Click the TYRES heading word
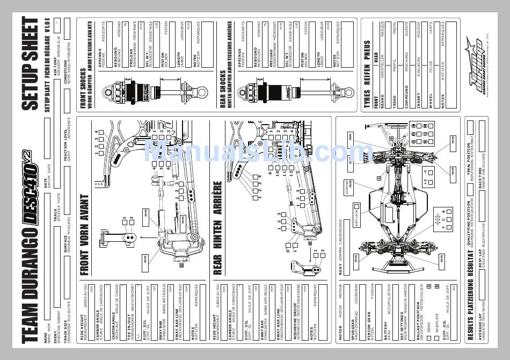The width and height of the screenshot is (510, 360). click(x=367, y=99)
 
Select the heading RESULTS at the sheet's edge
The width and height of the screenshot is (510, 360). click(x=470, y=322)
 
